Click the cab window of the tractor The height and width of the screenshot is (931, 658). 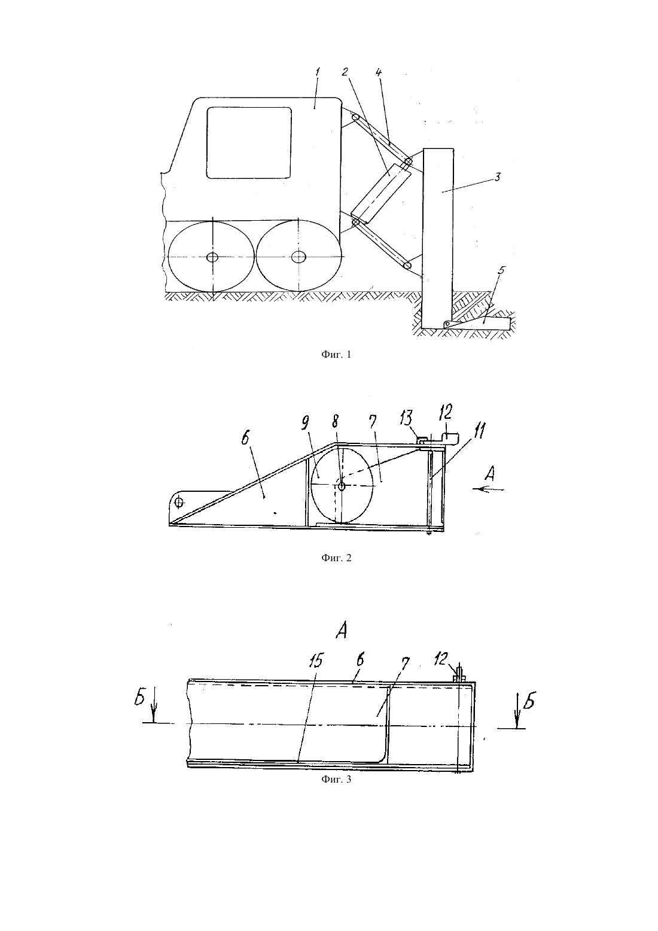pos(249,142)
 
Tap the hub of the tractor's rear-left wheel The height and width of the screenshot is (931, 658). pos(212,257)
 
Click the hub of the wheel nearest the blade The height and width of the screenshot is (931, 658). pos(298,257)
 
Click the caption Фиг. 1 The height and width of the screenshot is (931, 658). pos(336,355)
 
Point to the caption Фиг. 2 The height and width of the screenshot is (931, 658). pos(336,558)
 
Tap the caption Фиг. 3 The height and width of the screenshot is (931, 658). pos(336,779)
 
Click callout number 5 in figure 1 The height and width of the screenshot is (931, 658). pos(501,270)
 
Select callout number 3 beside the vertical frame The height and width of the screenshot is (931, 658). pos(497,177)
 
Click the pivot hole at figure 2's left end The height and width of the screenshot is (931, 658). pos(179,502)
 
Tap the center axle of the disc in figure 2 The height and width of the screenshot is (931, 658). pos(342,486)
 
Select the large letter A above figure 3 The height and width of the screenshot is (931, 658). pos(342,632)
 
